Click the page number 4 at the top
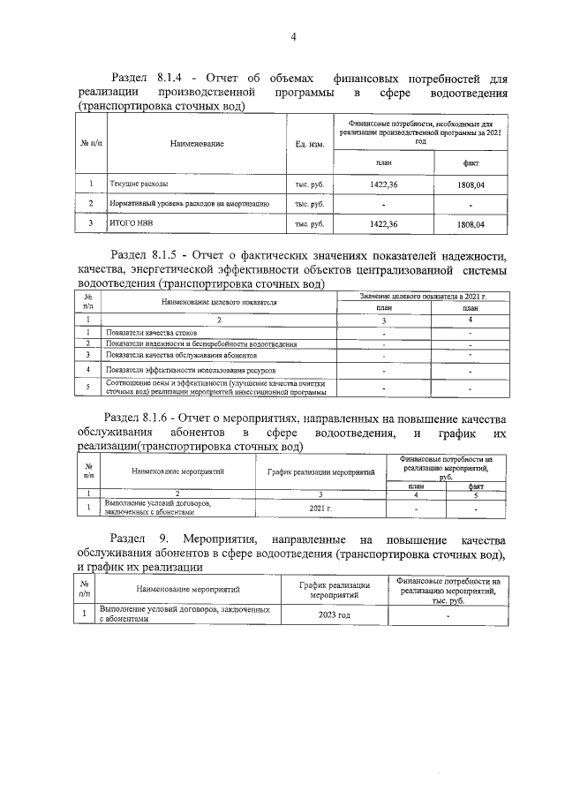click(x=292, y=36)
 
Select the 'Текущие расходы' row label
click(x=138, y=185)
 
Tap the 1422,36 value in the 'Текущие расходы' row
click(x=384, y=185)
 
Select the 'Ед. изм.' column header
click(x=310, y=143)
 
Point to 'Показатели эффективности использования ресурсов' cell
click(x=183, y=371)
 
